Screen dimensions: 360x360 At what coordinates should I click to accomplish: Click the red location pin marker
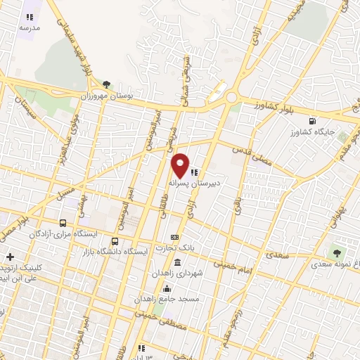click(181, 165)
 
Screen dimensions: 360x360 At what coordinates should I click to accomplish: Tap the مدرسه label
click(29, 27)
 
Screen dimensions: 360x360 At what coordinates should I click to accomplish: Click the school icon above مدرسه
click(30, 17)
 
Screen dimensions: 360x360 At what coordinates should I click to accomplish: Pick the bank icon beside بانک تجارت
click(175, 237)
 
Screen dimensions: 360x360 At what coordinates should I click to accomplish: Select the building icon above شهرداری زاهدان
click(176, 262)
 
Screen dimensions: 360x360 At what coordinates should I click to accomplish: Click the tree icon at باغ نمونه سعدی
click(338, 251)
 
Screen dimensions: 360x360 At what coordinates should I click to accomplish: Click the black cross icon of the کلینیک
click(9, 257)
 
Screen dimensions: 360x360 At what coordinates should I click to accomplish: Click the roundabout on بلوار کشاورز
click(231, 98)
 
